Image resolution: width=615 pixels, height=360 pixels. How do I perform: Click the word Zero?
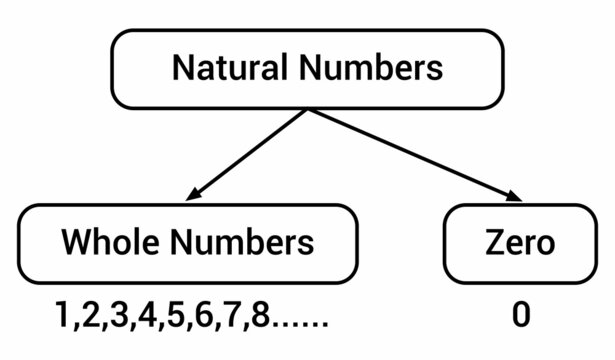517,242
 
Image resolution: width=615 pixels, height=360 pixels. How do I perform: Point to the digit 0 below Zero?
520,315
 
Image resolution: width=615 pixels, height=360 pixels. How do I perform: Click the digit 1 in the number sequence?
63,315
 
